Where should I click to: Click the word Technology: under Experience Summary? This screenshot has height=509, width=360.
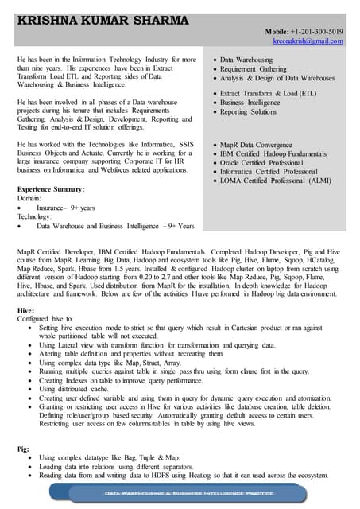(35, 216)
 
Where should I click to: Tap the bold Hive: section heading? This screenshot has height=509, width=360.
(25, 308)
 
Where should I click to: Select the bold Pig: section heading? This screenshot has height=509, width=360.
(24, 449)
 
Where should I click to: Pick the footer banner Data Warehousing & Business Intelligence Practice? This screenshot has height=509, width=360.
(180, 494)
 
